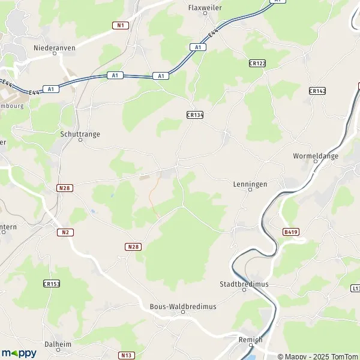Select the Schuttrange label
click(80, 135)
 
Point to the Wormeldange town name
click(316, 156)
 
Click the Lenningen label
click(250, 185)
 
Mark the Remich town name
click(251, 339)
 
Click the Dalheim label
click(58, 344)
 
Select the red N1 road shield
click(121, 25)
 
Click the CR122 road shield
click(257, 63)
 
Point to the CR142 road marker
click(317, 91)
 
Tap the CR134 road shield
click(195, 115)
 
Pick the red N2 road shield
click(66, 232)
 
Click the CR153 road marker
click(52, 284)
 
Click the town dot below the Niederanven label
click(55, 53)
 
